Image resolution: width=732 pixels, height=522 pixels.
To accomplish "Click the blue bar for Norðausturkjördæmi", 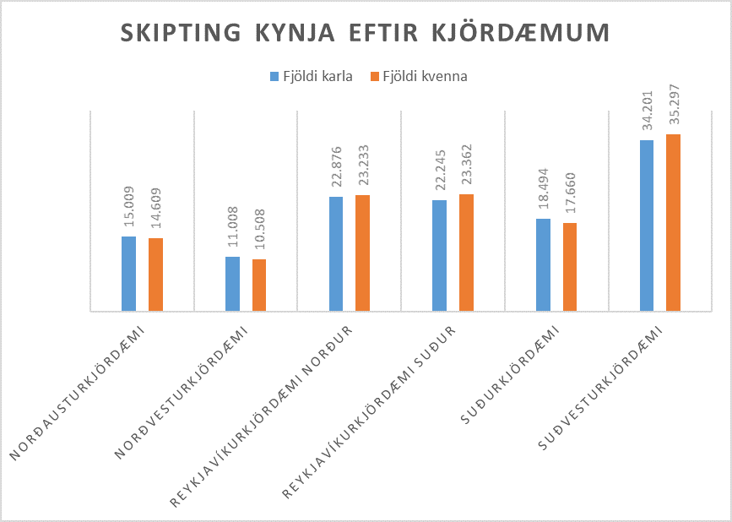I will click(128, 274).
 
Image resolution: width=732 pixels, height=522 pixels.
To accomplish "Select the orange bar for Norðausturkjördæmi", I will click(155, 275).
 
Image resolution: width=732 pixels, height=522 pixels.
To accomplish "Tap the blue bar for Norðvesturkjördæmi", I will click(232, 284).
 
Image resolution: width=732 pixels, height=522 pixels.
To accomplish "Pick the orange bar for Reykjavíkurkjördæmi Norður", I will click(362, 253).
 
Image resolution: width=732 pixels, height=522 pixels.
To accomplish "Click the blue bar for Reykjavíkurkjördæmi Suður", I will click(439, 256).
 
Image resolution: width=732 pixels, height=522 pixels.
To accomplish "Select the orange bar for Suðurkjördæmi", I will click(570, 267).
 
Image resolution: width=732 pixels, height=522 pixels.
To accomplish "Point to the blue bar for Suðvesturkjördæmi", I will click(647, 226).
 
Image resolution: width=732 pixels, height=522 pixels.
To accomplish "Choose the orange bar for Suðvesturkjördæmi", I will click(673, 223).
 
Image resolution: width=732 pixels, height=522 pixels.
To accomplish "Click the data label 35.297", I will click(674, 108).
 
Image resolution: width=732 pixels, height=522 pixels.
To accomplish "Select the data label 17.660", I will click(570, 197).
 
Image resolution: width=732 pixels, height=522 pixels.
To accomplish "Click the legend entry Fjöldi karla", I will click(311, 76).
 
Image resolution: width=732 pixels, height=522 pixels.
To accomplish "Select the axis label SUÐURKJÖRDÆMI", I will click(509, 377).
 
